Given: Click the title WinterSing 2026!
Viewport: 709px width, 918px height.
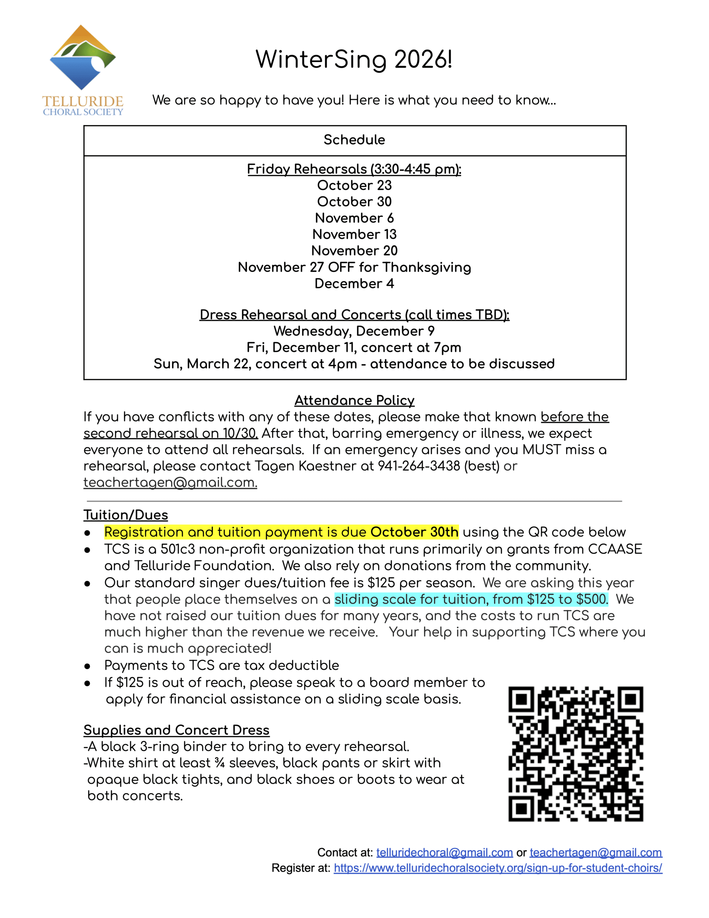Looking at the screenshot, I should [x=354, y=59].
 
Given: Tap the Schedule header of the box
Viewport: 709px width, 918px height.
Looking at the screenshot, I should [x=354, y=140].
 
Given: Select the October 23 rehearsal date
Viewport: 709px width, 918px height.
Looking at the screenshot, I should [x=354, y=185].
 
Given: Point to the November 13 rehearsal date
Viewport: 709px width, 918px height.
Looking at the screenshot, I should [x=354, y=235].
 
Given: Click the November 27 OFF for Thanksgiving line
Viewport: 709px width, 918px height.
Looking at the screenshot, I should [x=354, y=267].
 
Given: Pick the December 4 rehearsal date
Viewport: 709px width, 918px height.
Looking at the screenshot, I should [x=354, y=284].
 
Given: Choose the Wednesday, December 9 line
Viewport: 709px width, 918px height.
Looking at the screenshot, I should [x=354, y=331].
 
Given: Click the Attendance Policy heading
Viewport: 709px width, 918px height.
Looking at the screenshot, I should [x=354, y=401].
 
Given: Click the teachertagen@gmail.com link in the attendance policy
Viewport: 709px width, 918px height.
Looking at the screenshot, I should [x=170, y=483].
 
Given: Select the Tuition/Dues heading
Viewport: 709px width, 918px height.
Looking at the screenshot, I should [x=126, y=515].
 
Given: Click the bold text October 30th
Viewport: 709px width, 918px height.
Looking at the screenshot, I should [x=414, y=532].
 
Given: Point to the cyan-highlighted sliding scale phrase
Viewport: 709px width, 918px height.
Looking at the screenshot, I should [x=471, y=600].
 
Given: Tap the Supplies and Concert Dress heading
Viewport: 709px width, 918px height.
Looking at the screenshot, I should [x=176, y=730].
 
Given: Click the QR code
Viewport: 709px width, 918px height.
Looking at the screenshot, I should [x=575, y=754].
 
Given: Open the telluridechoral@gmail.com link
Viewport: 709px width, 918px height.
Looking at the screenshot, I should [x=444, y=852].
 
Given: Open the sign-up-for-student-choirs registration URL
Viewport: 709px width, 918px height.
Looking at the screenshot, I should [x=498, y=868].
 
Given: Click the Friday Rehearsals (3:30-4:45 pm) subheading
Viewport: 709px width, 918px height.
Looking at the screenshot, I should [x=354, y=169].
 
